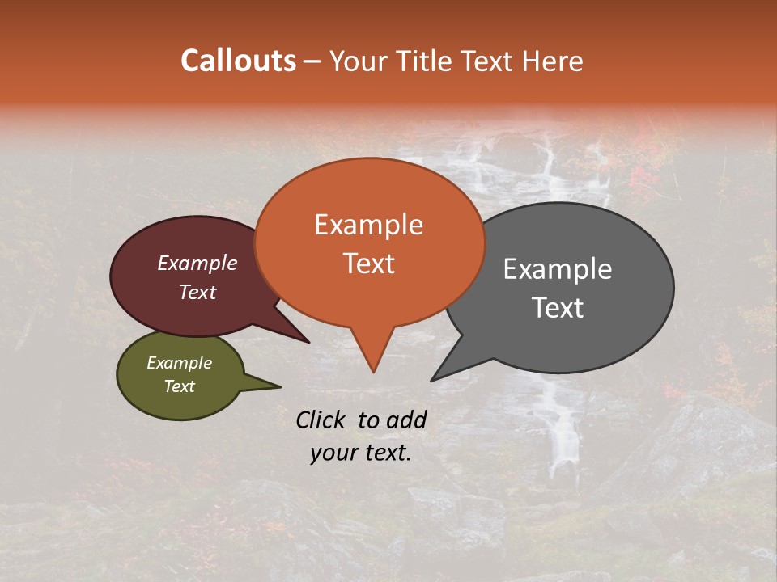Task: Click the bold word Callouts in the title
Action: tap(238, 61)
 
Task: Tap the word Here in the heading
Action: tap(553, 61)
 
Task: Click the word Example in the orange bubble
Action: tap(368, 225)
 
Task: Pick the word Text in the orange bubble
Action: tap(368, 264)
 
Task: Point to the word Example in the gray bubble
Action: tap(558, 269)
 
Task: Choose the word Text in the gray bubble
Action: tap(558, 308)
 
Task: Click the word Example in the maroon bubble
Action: tap(197, 263)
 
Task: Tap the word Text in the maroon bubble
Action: tap(197, 292)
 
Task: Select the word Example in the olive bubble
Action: tap(180, 363)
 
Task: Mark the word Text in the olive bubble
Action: tap(180, 386)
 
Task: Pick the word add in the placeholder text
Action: tap(406, 420)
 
